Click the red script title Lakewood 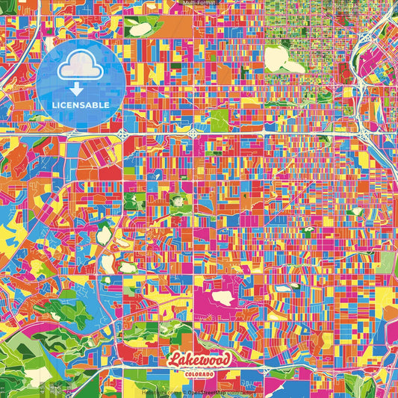point(199,359)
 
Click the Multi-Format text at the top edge point(199,4)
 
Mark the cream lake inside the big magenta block point(223,298)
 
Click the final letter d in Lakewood point(226,358)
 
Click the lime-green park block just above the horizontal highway point(219,119)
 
